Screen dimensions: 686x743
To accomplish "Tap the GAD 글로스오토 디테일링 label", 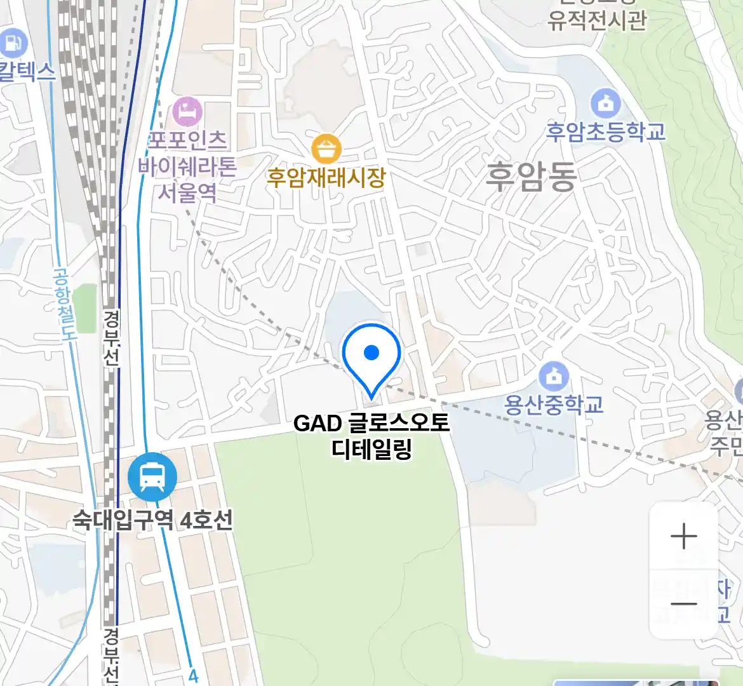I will (x=371, y=436).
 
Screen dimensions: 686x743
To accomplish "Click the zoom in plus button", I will (x=684, y=537).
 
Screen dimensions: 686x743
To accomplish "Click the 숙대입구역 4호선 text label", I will (x=152, y=521).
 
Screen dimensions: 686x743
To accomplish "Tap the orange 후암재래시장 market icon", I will (x=326, y=149).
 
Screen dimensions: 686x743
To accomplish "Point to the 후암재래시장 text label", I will (x=326, y=177).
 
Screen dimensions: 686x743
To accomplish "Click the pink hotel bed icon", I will (x=187, y=112).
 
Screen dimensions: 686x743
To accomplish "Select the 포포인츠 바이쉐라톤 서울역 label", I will (x=187, y=166).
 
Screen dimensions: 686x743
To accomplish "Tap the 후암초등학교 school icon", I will (x=605, y=103).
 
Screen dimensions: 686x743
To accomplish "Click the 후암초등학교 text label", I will (x=606, y=131).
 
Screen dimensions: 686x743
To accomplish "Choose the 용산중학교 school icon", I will (x=554, y=376).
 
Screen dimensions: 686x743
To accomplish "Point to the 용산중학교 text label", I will (x=554, y=405).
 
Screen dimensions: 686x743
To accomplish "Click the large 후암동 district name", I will (x=531, y=177).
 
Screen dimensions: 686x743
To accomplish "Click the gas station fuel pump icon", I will (x=13, y=43).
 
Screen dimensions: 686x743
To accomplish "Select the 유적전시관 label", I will (x=597, y=21).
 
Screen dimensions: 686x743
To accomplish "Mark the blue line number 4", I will (x=194, y=676).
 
